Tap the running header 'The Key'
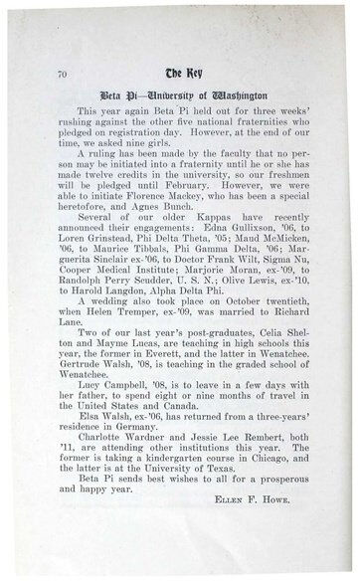coord(180,73)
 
